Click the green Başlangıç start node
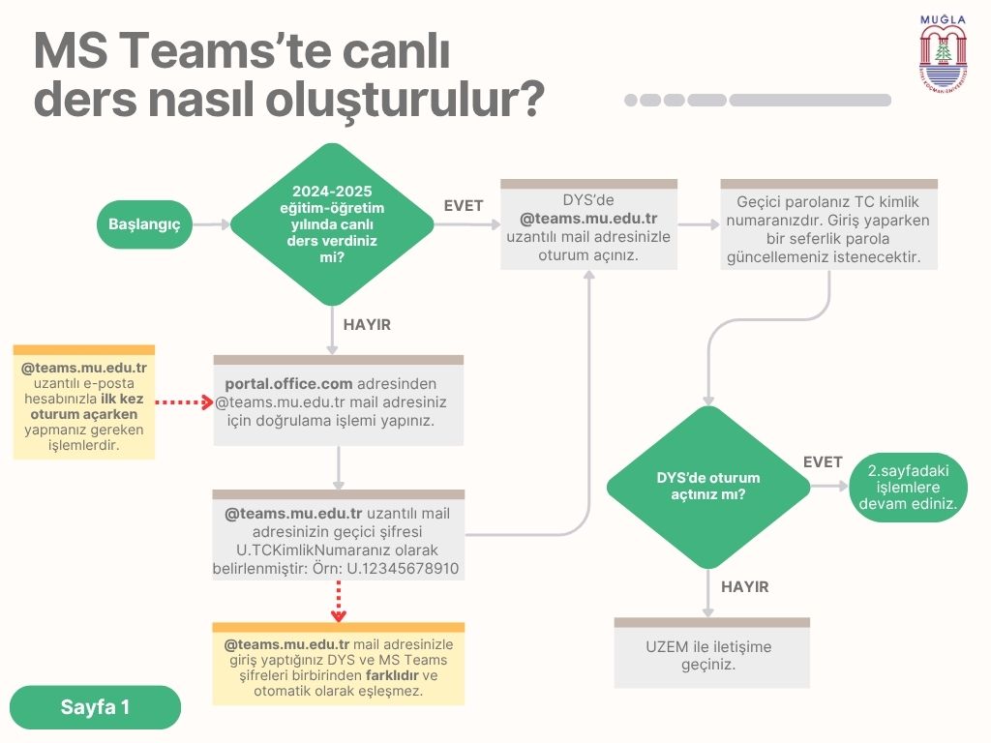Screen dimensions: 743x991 (x=152, y=224)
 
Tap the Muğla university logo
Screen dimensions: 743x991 (x=943, y=53)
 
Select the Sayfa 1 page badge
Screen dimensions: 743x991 (x=96, y=707)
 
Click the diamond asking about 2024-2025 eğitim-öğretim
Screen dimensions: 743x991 (x=333, y=224)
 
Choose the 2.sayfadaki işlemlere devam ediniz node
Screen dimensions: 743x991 (x=908, y=488)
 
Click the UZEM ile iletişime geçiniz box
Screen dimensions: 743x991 (x=711, y=655)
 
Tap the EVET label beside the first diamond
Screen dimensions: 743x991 (x=464, y=205)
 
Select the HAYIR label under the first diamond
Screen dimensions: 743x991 (x=367, y=325)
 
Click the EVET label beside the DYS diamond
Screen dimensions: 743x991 (x=823, y=462)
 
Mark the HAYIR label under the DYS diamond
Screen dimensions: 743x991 (x=745, y=587)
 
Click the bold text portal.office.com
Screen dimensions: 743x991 (x=288, y=383)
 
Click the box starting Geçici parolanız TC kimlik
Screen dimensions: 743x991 (x=827, y=230)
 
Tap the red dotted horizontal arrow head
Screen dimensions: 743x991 (x=207, y=401)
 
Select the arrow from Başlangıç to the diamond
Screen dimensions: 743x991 (x=211, y=224)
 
